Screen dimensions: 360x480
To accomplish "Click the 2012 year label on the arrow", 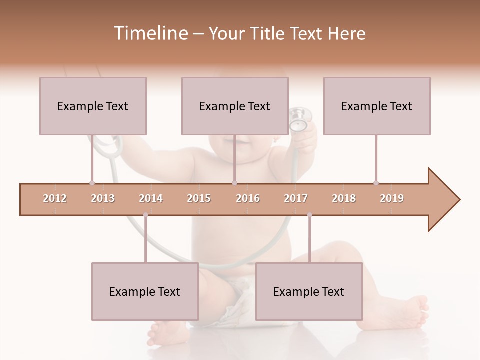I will coord(55,198).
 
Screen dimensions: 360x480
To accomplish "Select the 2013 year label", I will coord(103,198).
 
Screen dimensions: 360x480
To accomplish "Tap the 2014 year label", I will coord(151,198).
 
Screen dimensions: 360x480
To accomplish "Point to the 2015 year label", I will coord(199,198).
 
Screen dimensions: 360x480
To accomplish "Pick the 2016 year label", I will coord(248,198).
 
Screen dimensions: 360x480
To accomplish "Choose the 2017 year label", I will coord(296,198).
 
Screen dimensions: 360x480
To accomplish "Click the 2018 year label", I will coord(344,198).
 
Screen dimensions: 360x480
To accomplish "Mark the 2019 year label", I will coord(392,198).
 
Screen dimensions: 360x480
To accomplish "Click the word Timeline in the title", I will coord(150,33).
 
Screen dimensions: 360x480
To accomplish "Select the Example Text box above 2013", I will coord(93,106).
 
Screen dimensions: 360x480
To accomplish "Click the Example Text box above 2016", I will coord(235,106).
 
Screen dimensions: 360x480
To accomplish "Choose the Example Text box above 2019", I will coord(377,106).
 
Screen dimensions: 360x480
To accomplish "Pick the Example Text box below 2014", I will coord(145,291).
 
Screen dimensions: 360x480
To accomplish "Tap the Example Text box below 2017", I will coord(309,291).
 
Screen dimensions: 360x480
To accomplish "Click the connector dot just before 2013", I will coord(92,183).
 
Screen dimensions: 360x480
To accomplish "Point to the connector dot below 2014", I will coord(145,215).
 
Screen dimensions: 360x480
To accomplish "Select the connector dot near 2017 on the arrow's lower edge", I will coord(309,215).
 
